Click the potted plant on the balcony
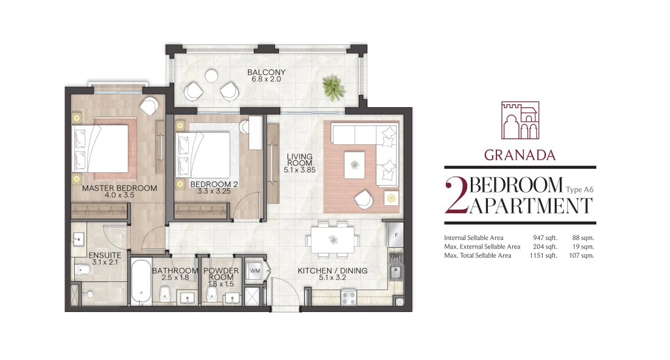334,88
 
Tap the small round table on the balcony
211,76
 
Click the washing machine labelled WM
255,271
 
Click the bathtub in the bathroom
140,282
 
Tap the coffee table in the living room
354,165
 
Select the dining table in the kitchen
333,240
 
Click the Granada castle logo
520,120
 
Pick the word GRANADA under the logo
520,155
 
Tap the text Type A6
579,189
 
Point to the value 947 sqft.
545,238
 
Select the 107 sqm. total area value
582,256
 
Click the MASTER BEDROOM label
119,188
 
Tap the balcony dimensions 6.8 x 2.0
266,80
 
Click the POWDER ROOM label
221,274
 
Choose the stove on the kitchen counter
348,297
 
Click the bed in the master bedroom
101,148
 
